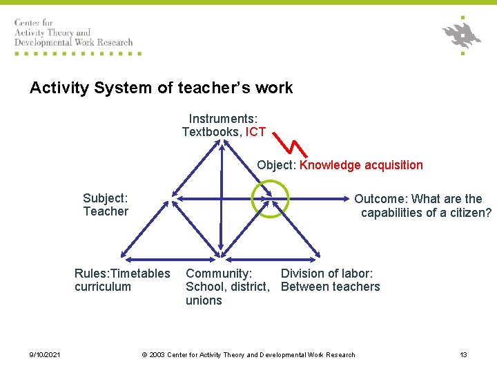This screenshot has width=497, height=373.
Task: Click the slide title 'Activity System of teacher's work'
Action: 161,88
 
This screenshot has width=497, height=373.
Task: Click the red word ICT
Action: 255,132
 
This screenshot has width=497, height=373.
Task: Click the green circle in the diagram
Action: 269,198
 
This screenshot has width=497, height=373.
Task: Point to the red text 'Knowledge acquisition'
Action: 361,165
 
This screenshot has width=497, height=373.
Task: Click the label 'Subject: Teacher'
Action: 106,205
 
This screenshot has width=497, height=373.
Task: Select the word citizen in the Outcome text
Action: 467,213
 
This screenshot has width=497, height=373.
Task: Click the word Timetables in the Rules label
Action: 140,274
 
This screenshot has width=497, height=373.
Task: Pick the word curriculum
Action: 102,287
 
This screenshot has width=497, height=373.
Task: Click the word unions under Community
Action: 204,300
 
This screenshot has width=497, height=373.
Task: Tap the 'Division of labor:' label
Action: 327,274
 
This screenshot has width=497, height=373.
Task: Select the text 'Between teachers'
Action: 330,287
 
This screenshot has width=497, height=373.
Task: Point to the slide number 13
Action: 463,355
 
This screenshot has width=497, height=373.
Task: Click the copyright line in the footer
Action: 248,355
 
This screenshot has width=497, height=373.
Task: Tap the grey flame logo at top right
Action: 462,34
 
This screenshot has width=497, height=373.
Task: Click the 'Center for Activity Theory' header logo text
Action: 73,32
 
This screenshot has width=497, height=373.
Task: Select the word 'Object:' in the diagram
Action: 277,165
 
